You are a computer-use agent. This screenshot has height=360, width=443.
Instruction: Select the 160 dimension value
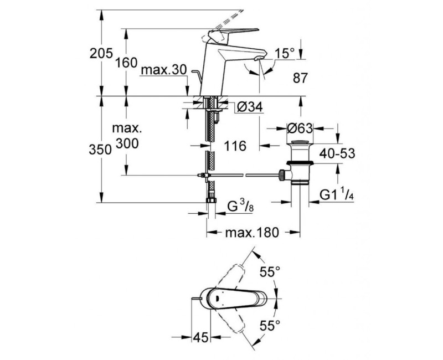pos(126,63)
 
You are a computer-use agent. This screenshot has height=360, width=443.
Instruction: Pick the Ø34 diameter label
pos(249,107)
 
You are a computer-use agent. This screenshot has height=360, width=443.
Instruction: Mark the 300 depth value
pos(127,143)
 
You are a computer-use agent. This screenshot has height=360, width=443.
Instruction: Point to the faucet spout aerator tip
pos(258,59)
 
